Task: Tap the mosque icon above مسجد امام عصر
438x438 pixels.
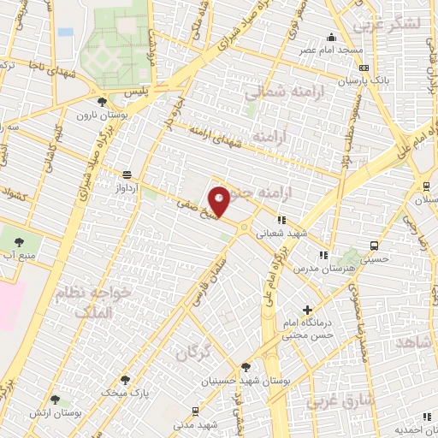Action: [331, 37]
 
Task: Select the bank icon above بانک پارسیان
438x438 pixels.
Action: [364, 68]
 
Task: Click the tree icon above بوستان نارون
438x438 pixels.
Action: [103, 101]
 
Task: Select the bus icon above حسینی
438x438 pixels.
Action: [374, 246]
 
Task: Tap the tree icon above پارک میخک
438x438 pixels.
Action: [126, 379]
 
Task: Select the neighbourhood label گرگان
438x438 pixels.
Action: [193, 351]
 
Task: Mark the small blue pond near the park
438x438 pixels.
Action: [65, 32]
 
